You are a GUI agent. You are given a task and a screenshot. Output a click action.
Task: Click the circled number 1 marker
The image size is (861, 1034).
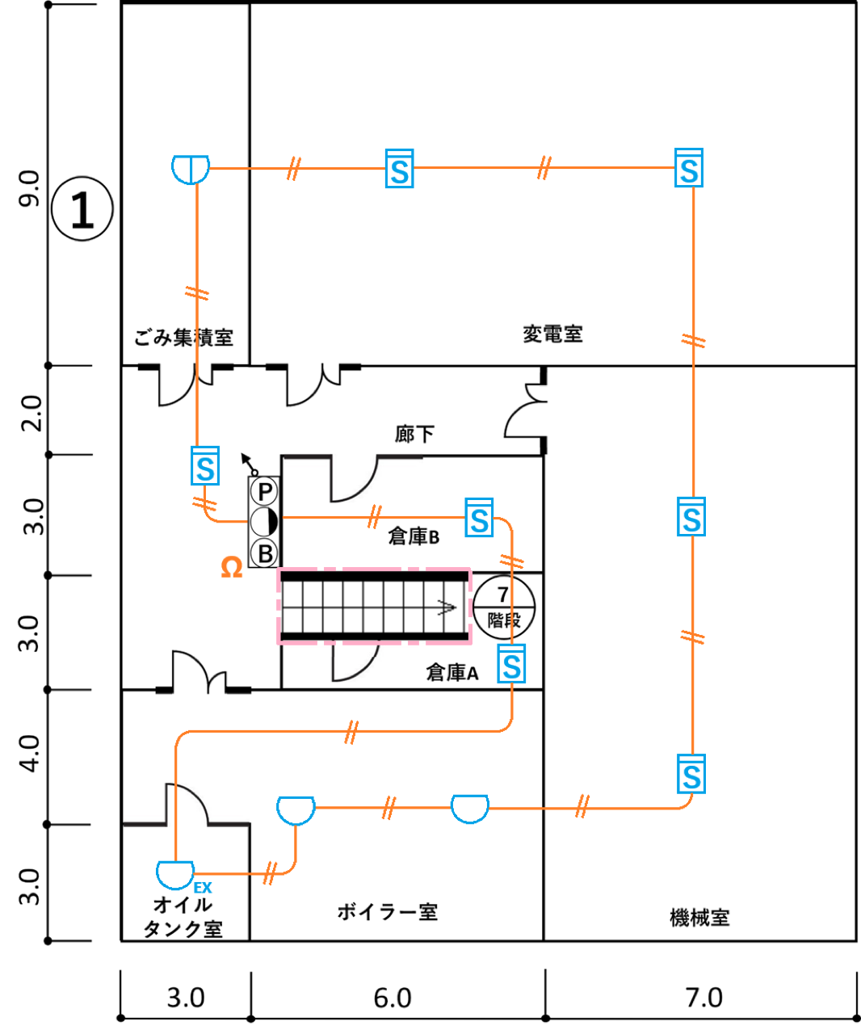tap(82, 208)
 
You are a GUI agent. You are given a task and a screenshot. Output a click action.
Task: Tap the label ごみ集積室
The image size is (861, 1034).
tap(183, 338)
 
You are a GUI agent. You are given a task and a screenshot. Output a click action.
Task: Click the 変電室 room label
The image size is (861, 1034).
tap(552, 334)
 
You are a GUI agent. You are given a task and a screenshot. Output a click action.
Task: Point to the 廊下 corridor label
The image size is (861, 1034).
tap(414, 435)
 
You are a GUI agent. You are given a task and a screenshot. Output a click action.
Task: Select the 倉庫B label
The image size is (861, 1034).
tap(414, 536)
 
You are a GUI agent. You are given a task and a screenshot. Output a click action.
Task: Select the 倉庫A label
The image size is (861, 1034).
tap(452, 673)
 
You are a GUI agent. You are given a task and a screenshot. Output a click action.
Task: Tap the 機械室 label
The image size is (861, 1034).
tap(699, 918)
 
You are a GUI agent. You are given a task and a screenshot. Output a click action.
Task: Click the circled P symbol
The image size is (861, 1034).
tap(264, 492)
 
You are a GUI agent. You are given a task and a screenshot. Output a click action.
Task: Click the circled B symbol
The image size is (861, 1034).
tap(264, 553)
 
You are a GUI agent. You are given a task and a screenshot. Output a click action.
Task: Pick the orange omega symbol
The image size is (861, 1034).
tap(232, 568)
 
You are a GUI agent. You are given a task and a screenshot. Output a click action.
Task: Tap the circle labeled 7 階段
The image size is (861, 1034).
tap(503, 607)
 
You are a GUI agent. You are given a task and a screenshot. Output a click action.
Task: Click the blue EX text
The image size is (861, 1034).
tap(203, 888)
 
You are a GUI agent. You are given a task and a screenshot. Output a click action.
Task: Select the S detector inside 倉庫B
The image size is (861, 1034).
tap(479, 518)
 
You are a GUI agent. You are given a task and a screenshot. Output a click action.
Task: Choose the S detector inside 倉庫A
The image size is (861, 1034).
tap(511, 663)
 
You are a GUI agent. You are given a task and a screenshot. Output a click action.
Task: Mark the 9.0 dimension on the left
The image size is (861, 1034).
tap(29, 188)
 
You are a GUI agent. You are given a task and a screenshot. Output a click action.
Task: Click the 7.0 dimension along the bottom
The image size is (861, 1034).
tap(703, 998)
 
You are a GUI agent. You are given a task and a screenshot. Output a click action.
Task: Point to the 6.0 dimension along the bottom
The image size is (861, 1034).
tap(392, 998)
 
